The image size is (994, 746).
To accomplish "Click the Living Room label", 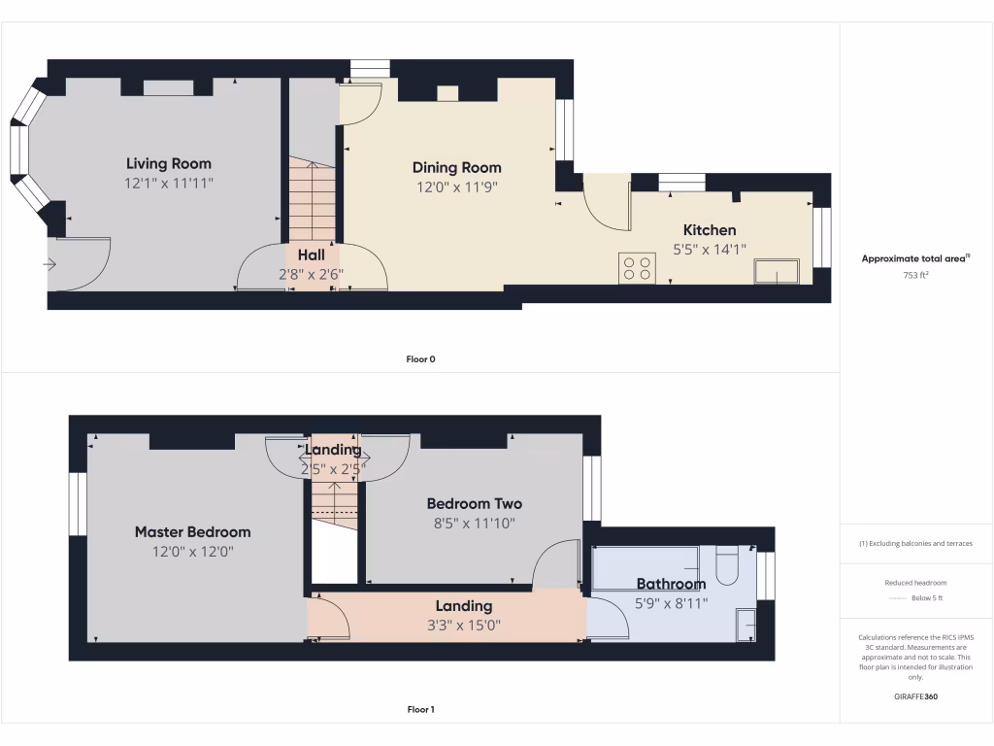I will [168, 163].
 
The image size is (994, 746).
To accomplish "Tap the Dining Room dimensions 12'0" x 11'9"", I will [456, 186].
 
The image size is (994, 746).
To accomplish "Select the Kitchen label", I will [710, 230].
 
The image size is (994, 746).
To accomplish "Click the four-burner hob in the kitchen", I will [637, 268].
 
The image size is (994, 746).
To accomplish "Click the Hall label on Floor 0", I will [311, 254].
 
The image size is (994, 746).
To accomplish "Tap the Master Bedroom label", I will [192, 531].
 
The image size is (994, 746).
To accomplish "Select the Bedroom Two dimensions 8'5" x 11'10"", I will [474, 523].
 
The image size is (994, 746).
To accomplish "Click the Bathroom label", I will [671, 584].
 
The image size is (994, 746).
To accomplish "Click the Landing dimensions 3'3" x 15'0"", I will [463, 625].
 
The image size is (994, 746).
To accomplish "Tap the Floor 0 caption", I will [420, 359].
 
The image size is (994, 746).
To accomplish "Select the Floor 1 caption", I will [420, 710].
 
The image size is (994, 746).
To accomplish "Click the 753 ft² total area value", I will [916, 275].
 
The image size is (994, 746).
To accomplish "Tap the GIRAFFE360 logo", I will [916, 696].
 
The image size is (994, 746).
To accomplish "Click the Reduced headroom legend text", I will [916, 583].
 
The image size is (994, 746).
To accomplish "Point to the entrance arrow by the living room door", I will [50, 263].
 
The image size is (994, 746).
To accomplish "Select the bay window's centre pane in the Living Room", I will [17, 150].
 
